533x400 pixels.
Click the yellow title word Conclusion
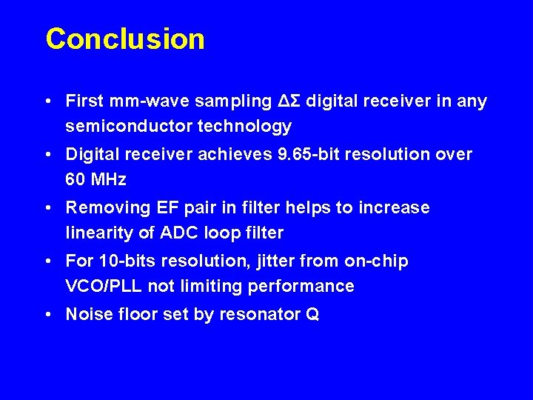tap(125, 39)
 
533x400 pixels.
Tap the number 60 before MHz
tap(76, 179)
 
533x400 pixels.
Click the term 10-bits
tap(121, 261)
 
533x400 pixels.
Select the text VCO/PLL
tap(104, 286)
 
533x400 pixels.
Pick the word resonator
tap(259, 314)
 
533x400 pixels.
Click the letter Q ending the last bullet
tap(312, 315)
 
